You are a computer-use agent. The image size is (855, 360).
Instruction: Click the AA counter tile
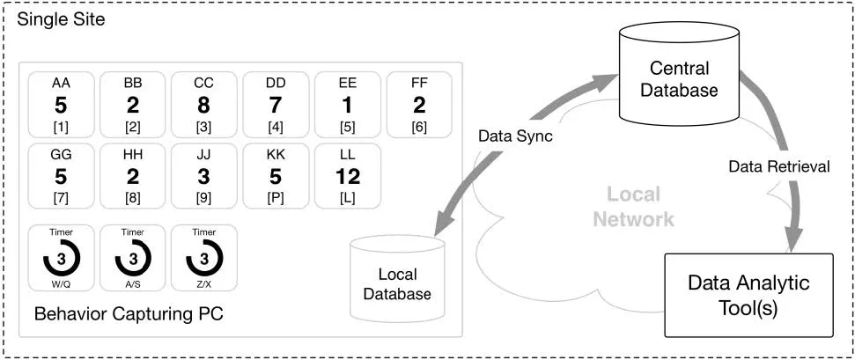pyautogui.click(x=61, y=105)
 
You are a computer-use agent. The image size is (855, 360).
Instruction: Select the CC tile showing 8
pyautogui.click(x=203, y=105)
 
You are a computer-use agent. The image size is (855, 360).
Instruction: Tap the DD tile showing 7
pyautogui.click(x=276, y=105)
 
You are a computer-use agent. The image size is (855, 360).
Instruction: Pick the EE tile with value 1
pyautogui.click(x=347, y=105)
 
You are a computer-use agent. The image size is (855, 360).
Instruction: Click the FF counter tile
pyautogui.click(x=419, y=105)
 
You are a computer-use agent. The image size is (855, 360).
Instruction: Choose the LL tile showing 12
pyautogui.click(x=347, y=177)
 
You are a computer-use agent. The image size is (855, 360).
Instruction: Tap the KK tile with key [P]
pyautogui.click(x=276, y=177)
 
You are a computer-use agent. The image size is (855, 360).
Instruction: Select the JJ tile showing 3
pyautogui.click(x=203, y=177)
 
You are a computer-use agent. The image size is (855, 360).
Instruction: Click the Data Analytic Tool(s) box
pyautogui.click(x=748, y=295)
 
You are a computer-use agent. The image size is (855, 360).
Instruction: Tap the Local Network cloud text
pyautogui.click(x=633, y=206)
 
